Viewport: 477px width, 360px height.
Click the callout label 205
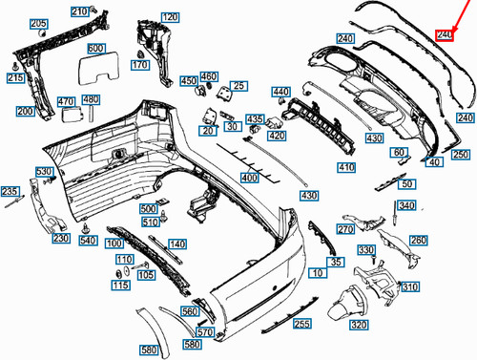[37, 24]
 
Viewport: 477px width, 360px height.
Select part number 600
[96, 49]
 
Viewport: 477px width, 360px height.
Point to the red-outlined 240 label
[445, 35]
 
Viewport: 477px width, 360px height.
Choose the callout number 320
[359, 326]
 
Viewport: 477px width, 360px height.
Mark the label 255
[301, 325]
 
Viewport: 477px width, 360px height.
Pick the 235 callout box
[10, 193]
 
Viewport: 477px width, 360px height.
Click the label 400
[250, 179]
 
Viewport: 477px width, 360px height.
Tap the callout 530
[44, 172]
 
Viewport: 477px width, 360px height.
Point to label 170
[140, 66]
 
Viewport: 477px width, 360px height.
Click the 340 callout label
[406, 206]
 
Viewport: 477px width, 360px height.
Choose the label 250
[462, 155]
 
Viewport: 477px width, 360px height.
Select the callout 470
[66, 102]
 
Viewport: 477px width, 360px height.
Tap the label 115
[120, 286]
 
